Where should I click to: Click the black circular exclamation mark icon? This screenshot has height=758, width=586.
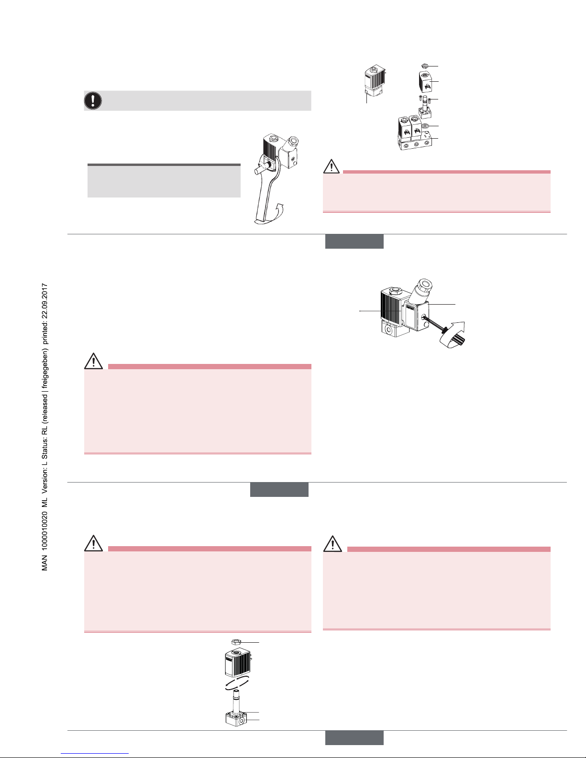click(x=93, y=100)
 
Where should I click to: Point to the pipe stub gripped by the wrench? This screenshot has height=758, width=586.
click(x=260, y=171)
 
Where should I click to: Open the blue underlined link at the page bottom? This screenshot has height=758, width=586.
click(x=95, y=754)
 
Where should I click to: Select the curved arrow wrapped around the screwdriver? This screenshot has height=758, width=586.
click(x=453, y=335)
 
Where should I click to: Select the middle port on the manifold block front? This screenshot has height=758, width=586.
click(x=416, y=144)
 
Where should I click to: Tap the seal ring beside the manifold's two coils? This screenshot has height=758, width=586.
click(x=425, y=126)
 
